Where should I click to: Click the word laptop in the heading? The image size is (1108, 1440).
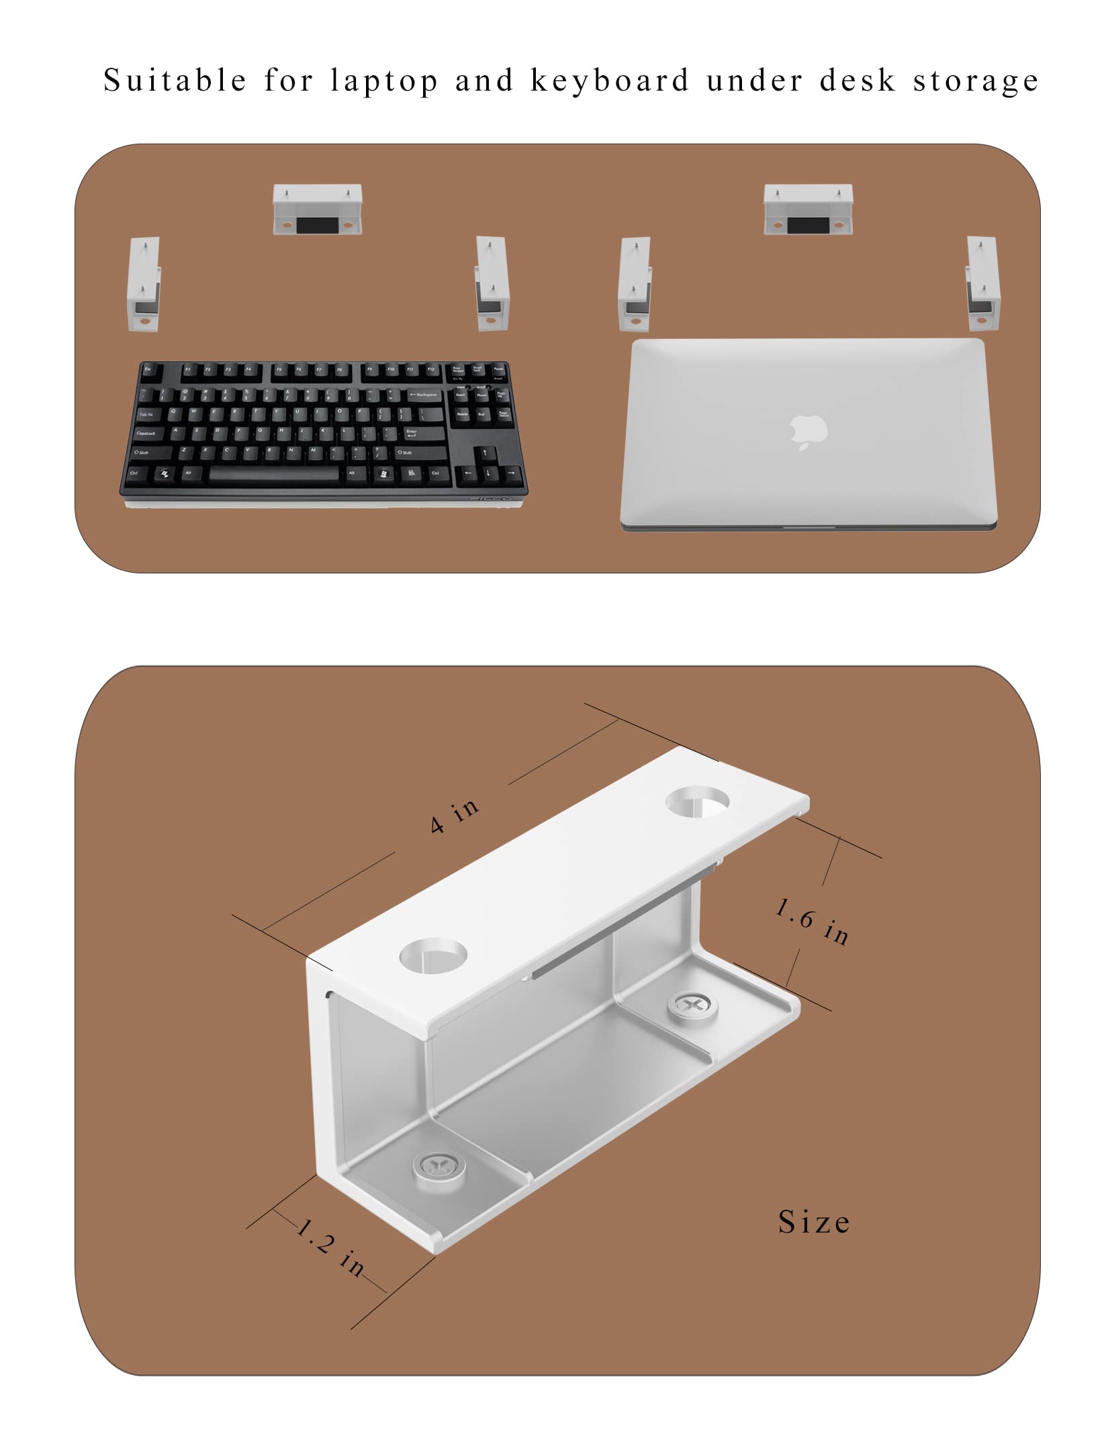pos(384,81)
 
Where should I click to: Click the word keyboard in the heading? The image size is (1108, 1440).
pos(610,81)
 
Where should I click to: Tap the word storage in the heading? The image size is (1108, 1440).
pos(975,81)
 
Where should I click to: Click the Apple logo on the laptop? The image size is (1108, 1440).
pos(809,431)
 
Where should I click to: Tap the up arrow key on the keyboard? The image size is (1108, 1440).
pos(485,453)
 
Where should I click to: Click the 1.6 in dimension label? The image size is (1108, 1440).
pos(812,920)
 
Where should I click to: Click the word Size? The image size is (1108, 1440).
pos(814,1222)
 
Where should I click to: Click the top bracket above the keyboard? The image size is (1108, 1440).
pos(317,209)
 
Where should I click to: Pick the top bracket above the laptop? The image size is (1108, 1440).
pos(808,209)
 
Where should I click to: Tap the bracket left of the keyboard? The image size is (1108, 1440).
pos(144,284)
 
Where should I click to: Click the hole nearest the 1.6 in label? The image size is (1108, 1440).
pos(697,802)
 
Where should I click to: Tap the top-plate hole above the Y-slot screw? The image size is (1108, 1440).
pos(433,954)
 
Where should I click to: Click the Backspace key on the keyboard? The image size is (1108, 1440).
pos(424,395)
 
